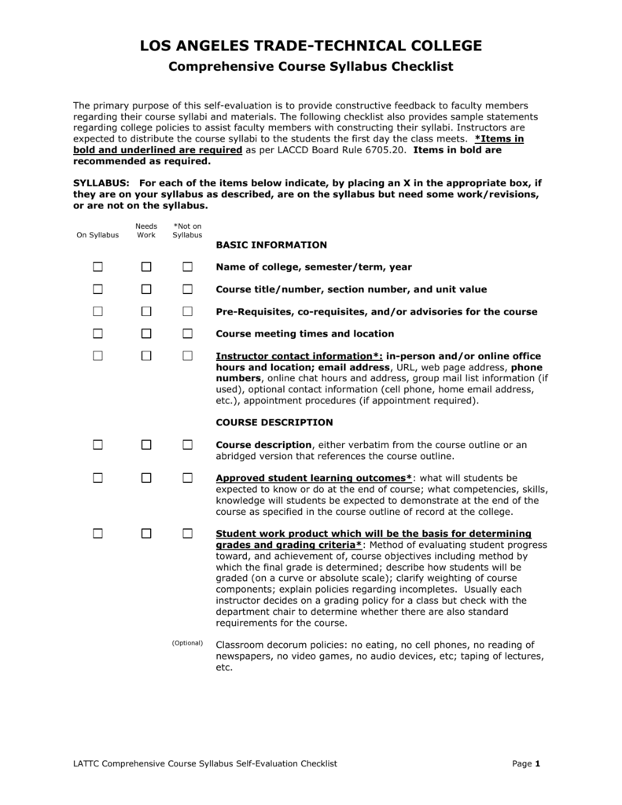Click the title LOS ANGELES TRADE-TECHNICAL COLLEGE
pyautogui.click(x=311, y=46)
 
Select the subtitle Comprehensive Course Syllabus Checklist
pyautogui.click(x=311, y=68)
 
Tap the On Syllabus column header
pyautogui.click(x=98, y=235)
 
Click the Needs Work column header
pyautogui.click(x=146, y=230)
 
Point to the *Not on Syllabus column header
pyautogui.click(x=187, y=230)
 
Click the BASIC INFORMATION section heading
pyautogui.click(x=271, y=245)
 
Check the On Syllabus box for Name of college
pyautogui.click(x=98, y=267)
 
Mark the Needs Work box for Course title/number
pyautogui.click(x=146, y=289)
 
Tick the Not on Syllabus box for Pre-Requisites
pyautogui.click(x=187, y=311)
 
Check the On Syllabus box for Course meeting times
pyautogui.click(x=98, y=333)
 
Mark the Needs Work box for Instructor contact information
pyautogui.click(x=146, y=356)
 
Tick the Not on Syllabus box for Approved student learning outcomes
pyautogui.click(x=187, y=478)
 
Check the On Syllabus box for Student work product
pyautogui.click(x=98, y=533)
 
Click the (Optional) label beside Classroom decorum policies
pyautogui.click(x=187, y=643)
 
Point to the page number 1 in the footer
pyautogui.click(x=537, y=763)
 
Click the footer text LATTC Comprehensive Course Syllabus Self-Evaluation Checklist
pyautogui.click(x=205, y=763)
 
